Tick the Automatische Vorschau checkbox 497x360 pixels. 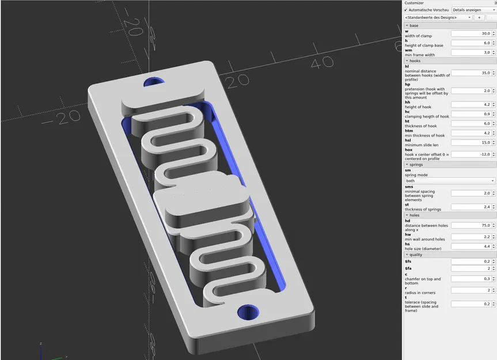click(406, 10)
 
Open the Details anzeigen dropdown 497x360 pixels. click(473, 10)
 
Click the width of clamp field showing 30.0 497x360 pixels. click(471, 33)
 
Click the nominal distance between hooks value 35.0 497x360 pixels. click(471, 73)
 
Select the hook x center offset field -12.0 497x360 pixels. click(471, 154)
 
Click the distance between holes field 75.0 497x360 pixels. click(471, 225)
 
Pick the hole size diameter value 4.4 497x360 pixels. click(471, 246)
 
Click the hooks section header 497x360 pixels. click(415, 60)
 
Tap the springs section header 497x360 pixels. click(416, 165)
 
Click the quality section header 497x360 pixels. click(416, 255)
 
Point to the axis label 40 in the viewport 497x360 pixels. click(325, 62)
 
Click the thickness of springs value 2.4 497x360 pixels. click(471, 207)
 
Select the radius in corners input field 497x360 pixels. click(471, 290)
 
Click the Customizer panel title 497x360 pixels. click(414, 3)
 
